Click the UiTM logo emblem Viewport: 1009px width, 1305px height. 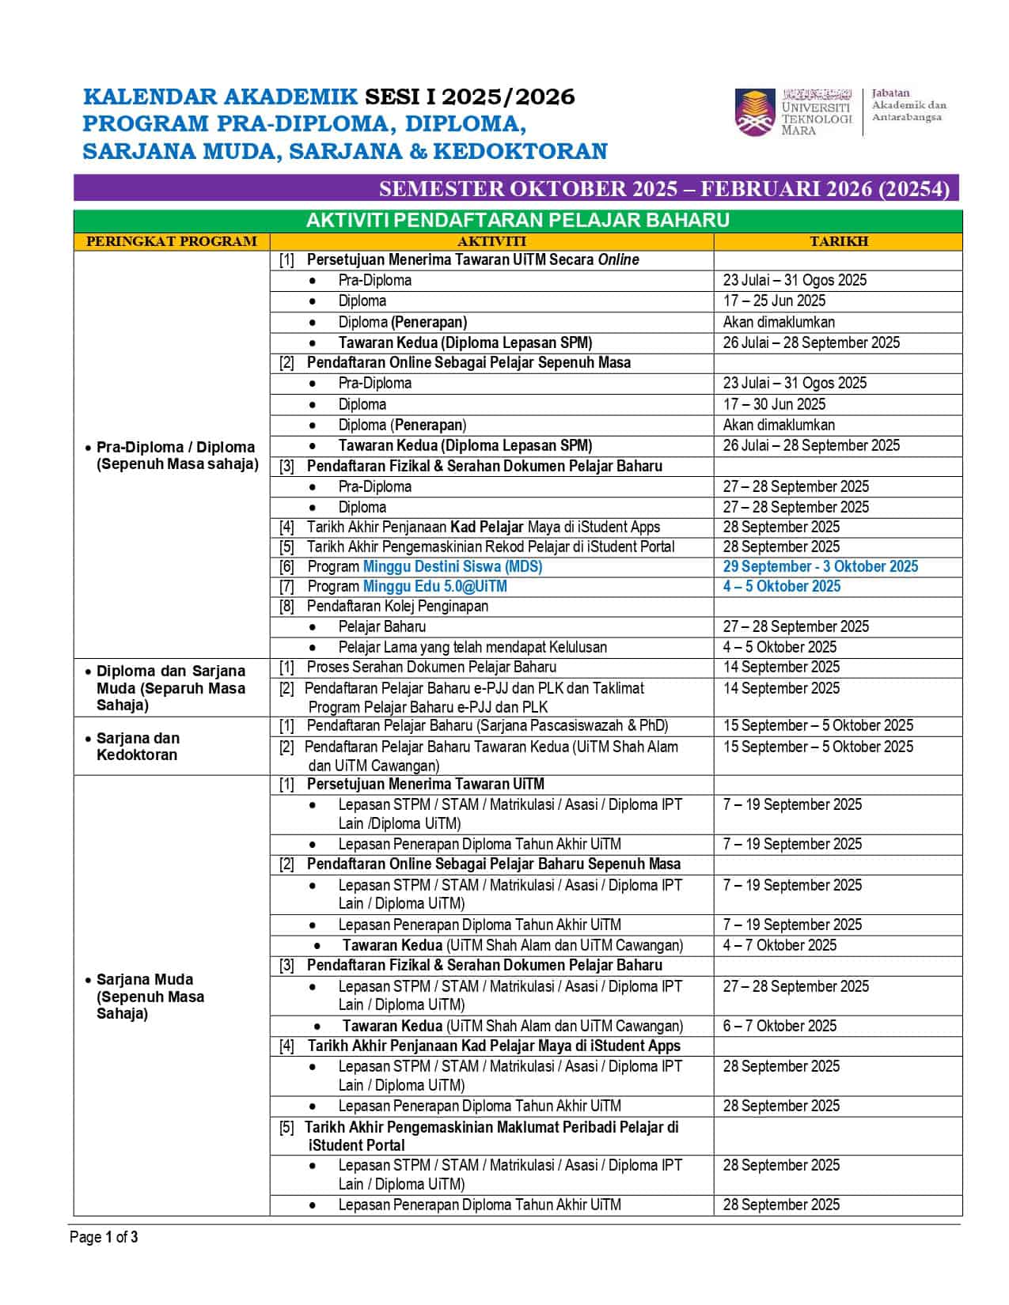tap(755, 112)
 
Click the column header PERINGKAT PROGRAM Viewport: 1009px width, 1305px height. tap(171, 241)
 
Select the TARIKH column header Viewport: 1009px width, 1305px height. tap(838, 241)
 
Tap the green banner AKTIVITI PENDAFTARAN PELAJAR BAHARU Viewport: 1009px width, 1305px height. tap(518, 220)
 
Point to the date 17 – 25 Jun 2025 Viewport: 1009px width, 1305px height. tap(774, 301)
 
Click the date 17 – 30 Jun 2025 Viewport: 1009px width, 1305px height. tap(774, 404)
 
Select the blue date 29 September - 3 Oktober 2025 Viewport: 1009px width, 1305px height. tap(820, 566)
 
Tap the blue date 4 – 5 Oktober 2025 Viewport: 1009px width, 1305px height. tap(781, 586)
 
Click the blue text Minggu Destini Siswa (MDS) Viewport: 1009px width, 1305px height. tap(452, 566)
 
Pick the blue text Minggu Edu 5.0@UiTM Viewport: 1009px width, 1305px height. tap(434, 586)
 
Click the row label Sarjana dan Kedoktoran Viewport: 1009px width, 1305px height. tap(138, 746)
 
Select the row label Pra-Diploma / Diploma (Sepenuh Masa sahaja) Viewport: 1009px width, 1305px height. tap(176, 456)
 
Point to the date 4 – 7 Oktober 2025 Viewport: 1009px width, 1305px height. tap(779, 945)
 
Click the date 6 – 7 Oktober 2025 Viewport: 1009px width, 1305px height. tap(779, 1026)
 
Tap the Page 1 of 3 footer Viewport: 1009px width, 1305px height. tap(104, 1237)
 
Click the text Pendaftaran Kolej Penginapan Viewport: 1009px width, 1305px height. tap(397, 606)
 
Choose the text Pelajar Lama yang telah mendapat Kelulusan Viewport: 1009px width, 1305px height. tap(472, 647)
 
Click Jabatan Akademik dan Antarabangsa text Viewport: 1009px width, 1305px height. tap(908, 105)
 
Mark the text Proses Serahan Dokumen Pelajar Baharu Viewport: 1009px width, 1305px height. tap(431, 667)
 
